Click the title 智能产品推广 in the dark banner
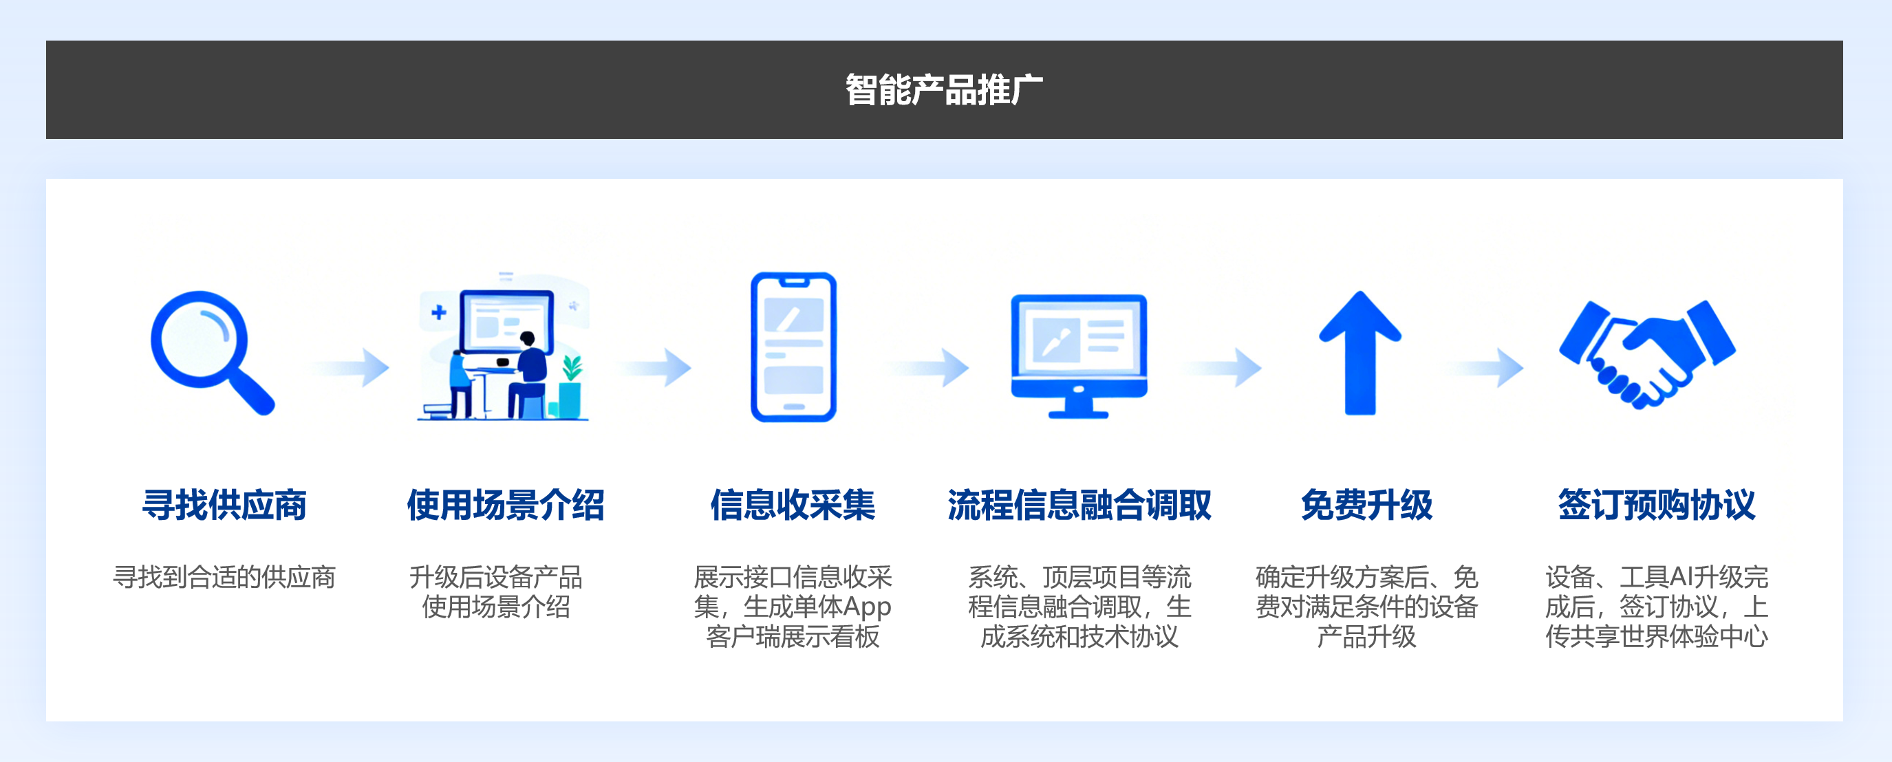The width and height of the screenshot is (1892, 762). [x=944, y=89]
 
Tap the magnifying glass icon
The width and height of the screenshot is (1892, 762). [x=213, y=352]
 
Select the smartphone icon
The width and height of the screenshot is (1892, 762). [x=793, y=347]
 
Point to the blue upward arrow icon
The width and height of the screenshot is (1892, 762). [x=1360, y=352]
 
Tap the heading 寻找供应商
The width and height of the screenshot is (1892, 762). [x=224, y=505]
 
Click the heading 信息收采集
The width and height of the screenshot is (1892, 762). [x=793, y=505]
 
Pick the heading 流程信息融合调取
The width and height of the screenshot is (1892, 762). [x=1079, y=505]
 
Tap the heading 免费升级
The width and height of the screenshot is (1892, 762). [x=1366, y=505]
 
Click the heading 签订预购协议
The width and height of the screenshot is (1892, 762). [x=1656, y=505]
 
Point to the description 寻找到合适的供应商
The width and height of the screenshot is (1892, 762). [x=224, y=577]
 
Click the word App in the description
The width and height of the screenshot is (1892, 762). [x=867, y=607]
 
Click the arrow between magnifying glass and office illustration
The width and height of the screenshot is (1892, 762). [x=350, y=367]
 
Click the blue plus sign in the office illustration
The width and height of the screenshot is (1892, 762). [x=438, y=312]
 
